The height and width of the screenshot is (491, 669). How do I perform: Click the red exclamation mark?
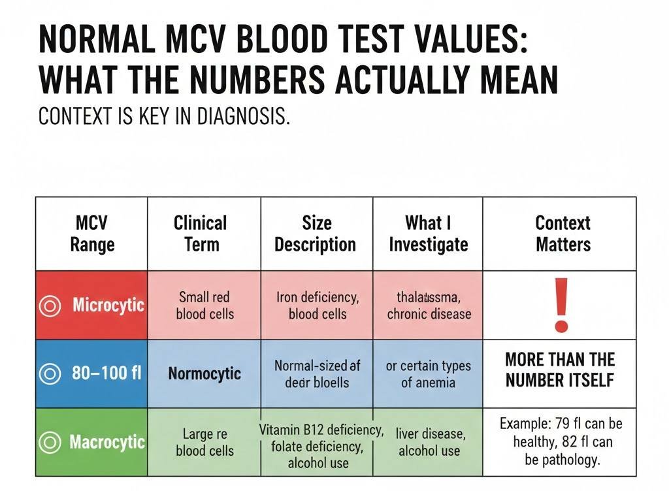point(559,304)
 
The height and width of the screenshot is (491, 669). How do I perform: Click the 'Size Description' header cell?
point(316,234)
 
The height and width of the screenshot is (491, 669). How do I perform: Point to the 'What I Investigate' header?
point(428,234)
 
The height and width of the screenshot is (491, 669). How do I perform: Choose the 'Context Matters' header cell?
point(563,234)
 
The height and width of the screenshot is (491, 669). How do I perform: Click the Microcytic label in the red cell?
point(108,305)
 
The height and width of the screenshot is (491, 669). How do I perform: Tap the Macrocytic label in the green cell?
point(106,442)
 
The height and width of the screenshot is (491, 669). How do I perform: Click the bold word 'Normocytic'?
point(204,374)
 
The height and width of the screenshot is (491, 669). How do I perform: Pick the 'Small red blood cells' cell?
point(204,305)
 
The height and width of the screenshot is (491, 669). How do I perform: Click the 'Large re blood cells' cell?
point(204,442)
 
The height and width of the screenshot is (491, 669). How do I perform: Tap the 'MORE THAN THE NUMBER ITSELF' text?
point(559,370)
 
